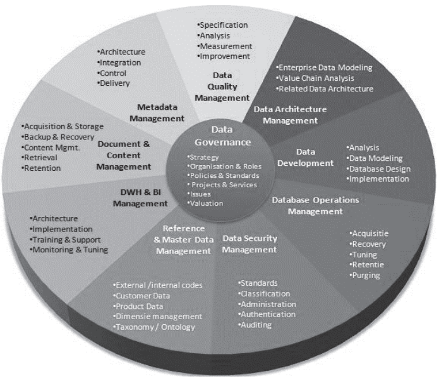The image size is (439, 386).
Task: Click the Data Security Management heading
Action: (250, 243)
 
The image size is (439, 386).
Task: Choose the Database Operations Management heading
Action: (315, 206)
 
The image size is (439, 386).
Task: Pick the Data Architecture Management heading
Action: (291, 114)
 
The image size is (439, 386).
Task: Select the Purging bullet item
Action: (366, 276)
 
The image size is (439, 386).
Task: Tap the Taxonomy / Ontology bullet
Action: (155, 327)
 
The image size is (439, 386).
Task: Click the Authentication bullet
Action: (267, 314)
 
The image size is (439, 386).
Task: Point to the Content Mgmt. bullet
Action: (49, 147)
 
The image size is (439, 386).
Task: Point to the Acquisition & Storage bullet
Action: (63, 126)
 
